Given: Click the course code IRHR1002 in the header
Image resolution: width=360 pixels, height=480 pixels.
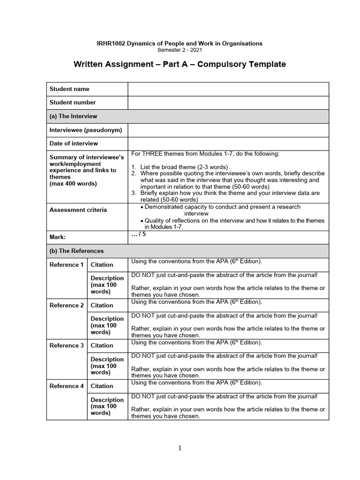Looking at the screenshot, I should point(109,43).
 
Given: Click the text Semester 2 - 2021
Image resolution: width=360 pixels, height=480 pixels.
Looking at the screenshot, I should point(180,50).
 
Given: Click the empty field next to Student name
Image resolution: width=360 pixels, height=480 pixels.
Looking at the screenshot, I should point(228,89).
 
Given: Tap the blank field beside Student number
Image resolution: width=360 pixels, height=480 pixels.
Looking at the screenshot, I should point(228,102).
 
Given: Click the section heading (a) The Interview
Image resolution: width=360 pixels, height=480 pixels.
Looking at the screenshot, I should point(74,116).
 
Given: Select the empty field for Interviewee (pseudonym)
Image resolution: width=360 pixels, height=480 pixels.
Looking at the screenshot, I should point(228,130).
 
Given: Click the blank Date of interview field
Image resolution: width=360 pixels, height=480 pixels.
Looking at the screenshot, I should point(228,143).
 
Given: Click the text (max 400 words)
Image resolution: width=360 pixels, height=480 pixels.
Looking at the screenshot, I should point(73,184).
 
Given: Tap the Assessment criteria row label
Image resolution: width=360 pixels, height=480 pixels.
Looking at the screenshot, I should point(78,210).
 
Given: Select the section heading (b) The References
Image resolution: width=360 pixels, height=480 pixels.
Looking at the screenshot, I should point(76,251).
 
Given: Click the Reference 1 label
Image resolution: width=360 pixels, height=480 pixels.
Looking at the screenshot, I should point(67,265).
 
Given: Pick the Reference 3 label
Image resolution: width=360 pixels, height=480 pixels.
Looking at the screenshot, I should point(67,345).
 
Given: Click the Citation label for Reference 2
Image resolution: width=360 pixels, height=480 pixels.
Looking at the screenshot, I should point(102,305).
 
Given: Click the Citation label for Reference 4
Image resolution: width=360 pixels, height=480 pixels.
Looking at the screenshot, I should point(102,386).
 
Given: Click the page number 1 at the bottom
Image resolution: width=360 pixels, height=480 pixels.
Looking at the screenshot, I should point(180,448).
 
